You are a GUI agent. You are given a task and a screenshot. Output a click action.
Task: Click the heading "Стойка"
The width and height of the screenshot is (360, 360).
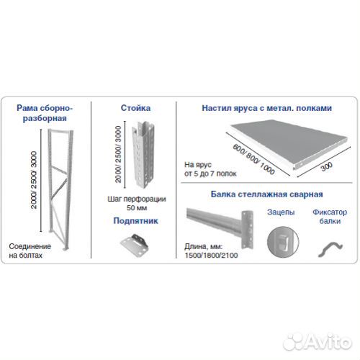click(135, 108)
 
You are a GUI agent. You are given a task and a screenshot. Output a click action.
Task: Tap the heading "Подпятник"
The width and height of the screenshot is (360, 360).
click(135, 221)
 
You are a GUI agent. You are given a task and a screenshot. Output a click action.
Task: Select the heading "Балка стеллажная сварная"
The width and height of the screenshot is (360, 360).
click(266, 194)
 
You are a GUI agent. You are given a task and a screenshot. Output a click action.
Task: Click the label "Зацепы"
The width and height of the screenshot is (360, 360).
click(281, 212)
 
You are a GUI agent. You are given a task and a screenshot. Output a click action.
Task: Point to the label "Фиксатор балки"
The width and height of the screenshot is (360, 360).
click(330, 217)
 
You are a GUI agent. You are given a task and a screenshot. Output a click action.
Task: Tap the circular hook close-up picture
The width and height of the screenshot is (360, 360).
click(283, 242)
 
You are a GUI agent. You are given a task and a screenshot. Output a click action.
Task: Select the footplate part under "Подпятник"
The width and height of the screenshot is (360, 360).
click(135, 245)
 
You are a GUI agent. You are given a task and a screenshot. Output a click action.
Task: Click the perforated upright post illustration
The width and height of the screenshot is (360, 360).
click(144, 156)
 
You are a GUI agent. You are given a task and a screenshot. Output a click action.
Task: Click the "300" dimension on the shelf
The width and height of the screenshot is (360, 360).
click(327, 166)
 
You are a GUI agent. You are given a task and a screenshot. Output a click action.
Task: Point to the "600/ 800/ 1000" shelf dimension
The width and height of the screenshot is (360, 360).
click(253, 159)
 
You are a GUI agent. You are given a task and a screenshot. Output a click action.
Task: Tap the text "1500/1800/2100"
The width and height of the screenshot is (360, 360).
click(211, 255)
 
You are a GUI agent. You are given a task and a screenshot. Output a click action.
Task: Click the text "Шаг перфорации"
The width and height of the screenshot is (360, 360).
click(137, 199)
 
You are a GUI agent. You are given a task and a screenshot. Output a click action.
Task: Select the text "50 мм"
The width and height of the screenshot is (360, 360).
click(137, 208)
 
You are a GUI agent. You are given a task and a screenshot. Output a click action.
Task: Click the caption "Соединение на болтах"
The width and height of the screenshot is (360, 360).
click(30, 251)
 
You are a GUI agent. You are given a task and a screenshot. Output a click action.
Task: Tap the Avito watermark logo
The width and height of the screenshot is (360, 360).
click(318, 341)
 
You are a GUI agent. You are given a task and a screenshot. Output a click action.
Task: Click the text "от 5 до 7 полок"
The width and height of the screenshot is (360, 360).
click(210, 174)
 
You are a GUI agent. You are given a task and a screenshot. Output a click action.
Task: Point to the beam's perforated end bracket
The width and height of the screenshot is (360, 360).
click(247, 230)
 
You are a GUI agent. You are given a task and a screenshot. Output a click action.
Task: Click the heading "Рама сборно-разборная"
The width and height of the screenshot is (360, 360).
click(45, 113)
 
